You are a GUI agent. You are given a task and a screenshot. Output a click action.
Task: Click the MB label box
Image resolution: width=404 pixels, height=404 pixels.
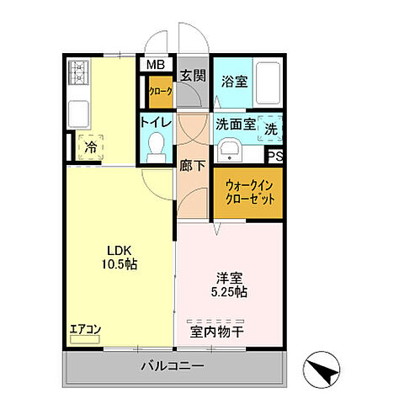coord(157,64)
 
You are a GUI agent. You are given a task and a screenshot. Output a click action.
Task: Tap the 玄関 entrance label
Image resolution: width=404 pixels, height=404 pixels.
coord(193,76)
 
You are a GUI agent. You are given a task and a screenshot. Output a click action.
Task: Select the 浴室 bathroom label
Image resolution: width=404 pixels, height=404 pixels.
coord(234,82)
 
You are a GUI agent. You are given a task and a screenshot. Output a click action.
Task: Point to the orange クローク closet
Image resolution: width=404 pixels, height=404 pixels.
coord(160,93)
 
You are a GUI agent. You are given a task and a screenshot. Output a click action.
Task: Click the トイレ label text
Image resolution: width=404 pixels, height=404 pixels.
coord(157,124)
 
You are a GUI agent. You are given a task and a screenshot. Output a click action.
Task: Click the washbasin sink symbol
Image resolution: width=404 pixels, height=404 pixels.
coord(228,151)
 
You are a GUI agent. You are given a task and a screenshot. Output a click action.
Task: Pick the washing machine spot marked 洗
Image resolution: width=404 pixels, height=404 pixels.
coord(271,129)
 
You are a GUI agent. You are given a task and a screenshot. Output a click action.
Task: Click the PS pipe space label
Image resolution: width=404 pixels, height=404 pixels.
coord(275,156)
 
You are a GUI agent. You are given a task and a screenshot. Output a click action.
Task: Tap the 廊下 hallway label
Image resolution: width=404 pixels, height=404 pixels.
coord(191,166)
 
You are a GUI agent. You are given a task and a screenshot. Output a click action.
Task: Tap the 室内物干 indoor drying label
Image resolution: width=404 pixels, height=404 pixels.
coord(226,330)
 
